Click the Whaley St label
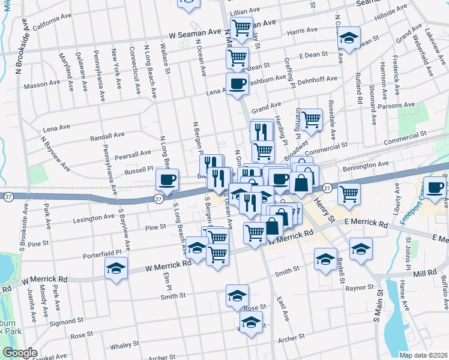(x=124, y=344)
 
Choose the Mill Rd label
(x=424, y=272)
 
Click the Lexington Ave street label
(x=93, y=220)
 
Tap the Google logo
(x=20, y=353)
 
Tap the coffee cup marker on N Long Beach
(x=167, y=179)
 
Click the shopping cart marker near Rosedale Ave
(x=311, y=119)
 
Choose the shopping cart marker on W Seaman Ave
(x=241, y=27)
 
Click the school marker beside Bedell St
(x=325, y=259)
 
